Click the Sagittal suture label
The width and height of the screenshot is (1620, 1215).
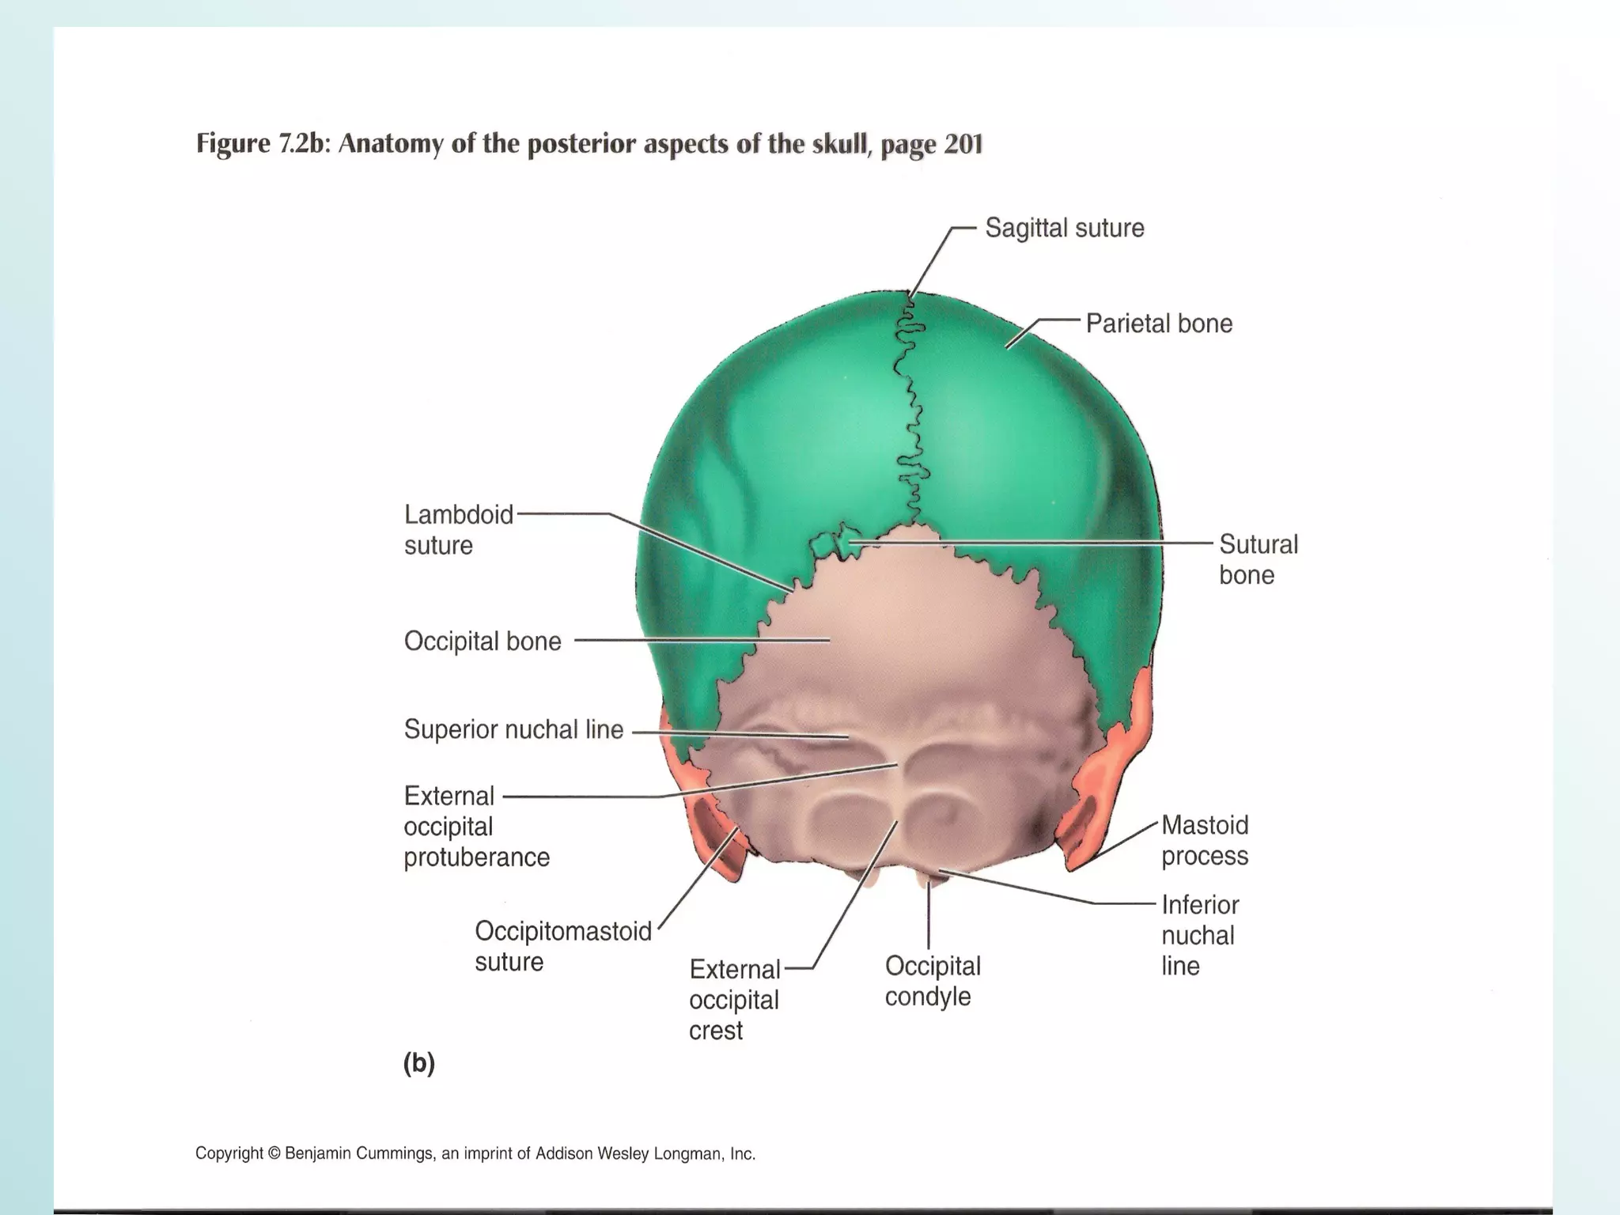1064,229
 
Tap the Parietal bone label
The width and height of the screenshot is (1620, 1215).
1158,324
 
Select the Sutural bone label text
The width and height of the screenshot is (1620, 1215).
1258,559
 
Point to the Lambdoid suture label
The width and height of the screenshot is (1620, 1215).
458,529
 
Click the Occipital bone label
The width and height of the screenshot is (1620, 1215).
483,641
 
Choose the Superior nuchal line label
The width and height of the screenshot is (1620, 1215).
513,729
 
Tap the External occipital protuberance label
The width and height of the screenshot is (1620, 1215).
476,827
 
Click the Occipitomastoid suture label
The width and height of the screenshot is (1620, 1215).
562,946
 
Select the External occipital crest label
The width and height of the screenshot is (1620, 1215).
734,1000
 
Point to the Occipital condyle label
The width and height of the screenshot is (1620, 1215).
932,981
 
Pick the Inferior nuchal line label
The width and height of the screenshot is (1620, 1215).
1199,935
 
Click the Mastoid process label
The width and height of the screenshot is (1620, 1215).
1204,840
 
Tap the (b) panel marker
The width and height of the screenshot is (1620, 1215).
418,1063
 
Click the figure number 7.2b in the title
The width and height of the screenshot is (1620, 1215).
301,144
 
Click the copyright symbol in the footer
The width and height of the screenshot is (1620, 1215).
274,1154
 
